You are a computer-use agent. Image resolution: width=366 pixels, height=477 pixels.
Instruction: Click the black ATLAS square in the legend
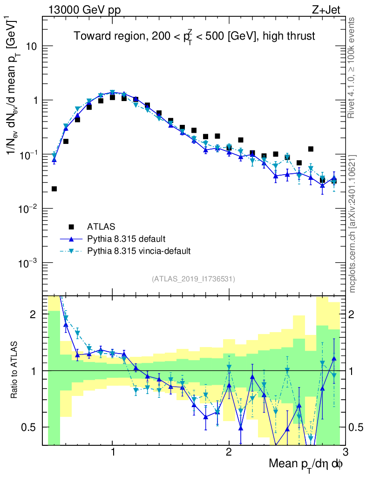click(x=71, y=227)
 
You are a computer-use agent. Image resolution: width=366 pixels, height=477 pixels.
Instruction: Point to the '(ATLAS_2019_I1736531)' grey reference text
click(x=193, y=279)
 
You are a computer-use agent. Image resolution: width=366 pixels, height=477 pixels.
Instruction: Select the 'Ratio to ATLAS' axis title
click(x=15, y=370)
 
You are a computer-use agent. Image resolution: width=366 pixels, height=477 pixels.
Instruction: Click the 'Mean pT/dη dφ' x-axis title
click(x=306, y=464)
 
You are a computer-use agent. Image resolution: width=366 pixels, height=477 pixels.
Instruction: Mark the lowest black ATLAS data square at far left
click(x=54, y=189)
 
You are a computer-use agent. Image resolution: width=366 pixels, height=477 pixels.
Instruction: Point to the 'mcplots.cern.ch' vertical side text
click(x=352, y=224)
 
